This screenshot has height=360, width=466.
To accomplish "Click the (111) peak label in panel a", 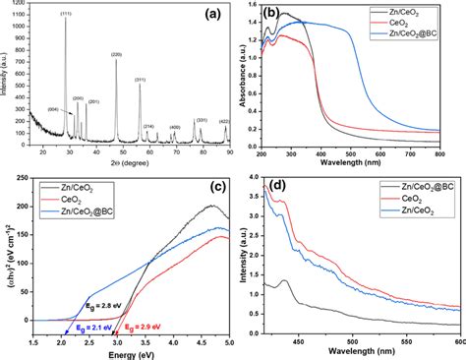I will click(66, 13).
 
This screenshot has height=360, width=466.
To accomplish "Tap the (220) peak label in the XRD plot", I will click(116, 54).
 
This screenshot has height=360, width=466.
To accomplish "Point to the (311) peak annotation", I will click(141, 80).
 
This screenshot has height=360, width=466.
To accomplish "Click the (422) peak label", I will click(224, 121).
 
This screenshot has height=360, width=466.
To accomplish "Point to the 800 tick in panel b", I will click(450, 155).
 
